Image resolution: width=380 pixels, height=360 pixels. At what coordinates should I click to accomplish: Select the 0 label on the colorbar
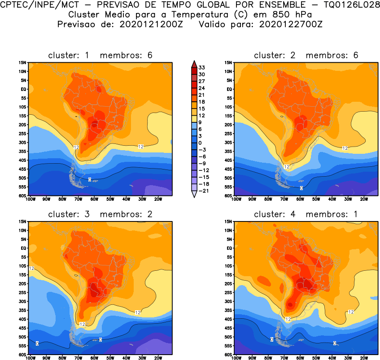(201, 142)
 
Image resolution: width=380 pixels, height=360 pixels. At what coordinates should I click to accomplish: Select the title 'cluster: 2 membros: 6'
(306, 55)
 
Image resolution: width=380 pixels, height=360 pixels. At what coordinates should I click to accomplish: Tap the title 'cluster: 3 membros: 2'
(100, 214)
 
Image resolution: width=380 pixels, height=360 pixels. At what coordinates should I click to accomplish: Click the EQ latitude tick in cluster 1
(24, 89)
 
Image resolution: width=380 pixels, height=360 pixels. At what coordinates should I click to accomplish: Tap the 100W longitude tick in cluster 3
(31, 358)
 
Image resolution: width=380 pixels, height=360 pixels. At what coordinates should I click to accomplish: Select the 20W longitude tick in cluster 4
(363, 358)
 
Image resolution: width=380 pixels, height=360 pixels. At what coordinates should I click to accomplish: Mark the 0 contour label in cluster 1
(90, 179)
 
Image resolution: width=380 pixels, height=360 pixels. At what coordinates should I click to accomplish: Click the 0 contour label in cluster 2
(301, 188)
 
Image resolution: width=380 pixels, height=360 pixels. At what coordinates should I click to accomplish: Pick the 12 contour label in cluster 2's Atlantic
(345, 148)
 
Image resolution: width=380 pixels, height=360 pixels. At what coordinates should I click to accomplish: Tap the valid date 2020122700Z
(291, 24)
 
